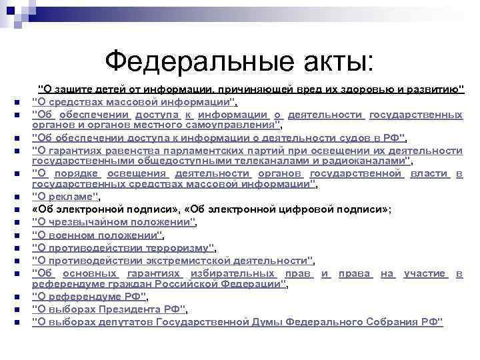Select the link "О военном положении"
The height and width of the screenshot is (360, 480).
click(97, 235)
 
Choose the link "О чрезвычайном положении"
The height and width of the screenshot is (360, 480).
click(114, 222)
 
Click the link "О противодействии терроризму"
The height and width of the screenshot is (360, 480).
click(123, 247)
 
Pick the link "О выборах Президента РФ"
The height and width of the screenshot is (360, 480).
click(109, 309)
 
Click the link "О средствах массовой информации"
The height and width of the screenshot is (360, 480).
click(133, 101)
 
